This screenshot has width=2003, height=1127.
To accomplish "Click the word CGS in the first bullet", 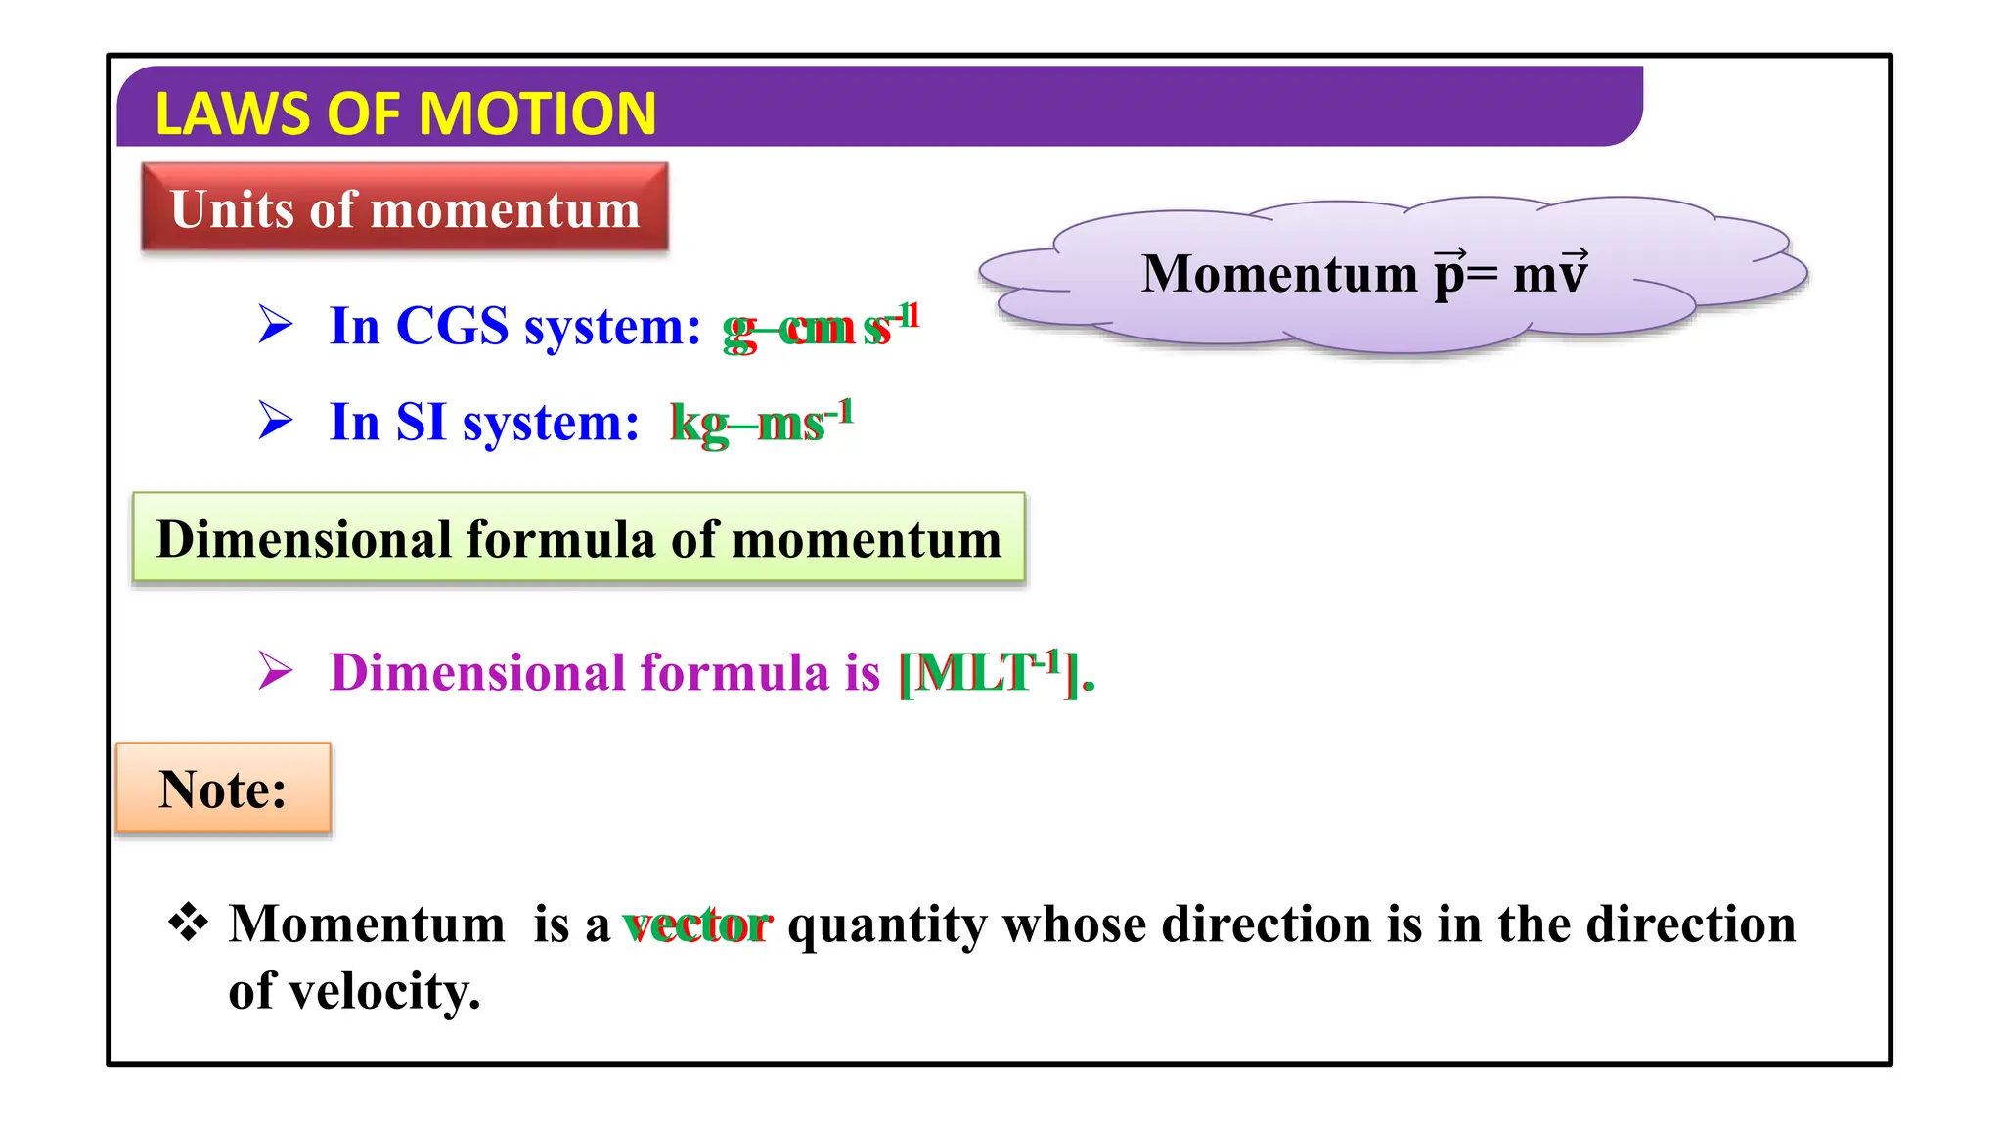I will [452, 326].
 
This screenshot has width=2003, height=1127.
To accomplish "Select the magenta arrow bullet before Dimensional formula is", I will [276, 671].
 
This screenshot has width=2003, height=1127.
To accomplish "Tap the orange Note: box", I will [223, 789].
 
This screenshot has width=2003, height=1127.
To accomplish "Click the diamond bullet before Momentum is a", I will [188, 923].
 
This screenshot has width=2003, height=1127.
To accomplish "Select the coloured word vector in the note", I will [697, 924].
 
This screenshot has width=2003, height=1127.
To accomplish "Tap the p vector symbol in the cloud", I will [1450, 274].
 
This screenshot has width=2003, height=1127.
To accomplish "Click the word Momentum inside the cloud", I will [1279, 273].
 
